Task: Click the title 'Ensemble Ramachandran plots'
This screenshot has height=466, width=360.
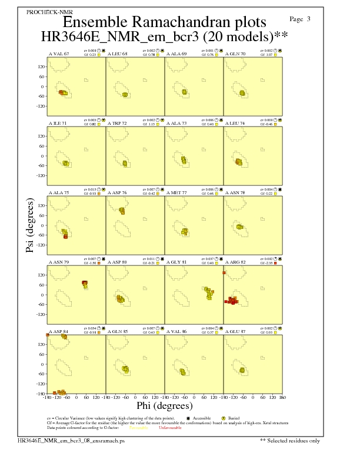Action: [164, 22]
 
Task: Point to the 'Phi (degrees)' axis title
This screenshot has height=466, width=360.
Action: [164, 405]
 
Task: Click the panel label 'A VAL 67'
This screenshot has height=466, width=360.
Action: [59, 54]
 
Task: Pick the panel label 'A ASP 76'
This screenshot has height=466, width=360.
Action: [117, 192]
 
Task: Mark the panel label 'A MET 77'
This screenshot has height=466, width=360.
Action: [177, 192]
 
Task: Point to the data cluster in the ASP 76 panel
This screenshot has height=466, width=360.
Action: [122, 211]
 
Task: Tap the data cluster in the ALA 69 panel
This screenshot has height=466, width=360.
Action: [184, 92]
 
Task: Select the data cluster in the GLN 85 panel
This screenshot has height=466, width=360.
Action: [125, 370]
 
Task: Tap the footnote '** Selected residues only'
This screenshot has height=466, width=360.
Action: [291, 440]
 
